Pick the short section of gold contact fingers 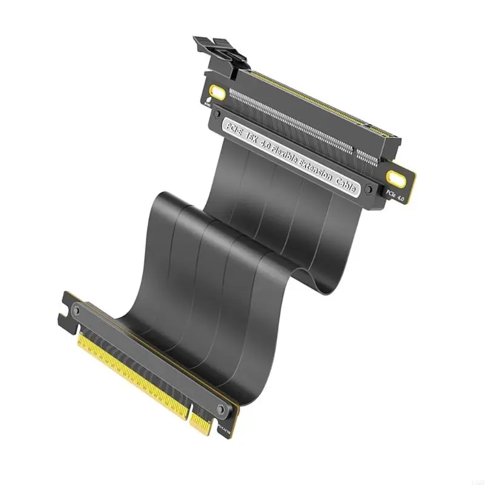204,425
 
